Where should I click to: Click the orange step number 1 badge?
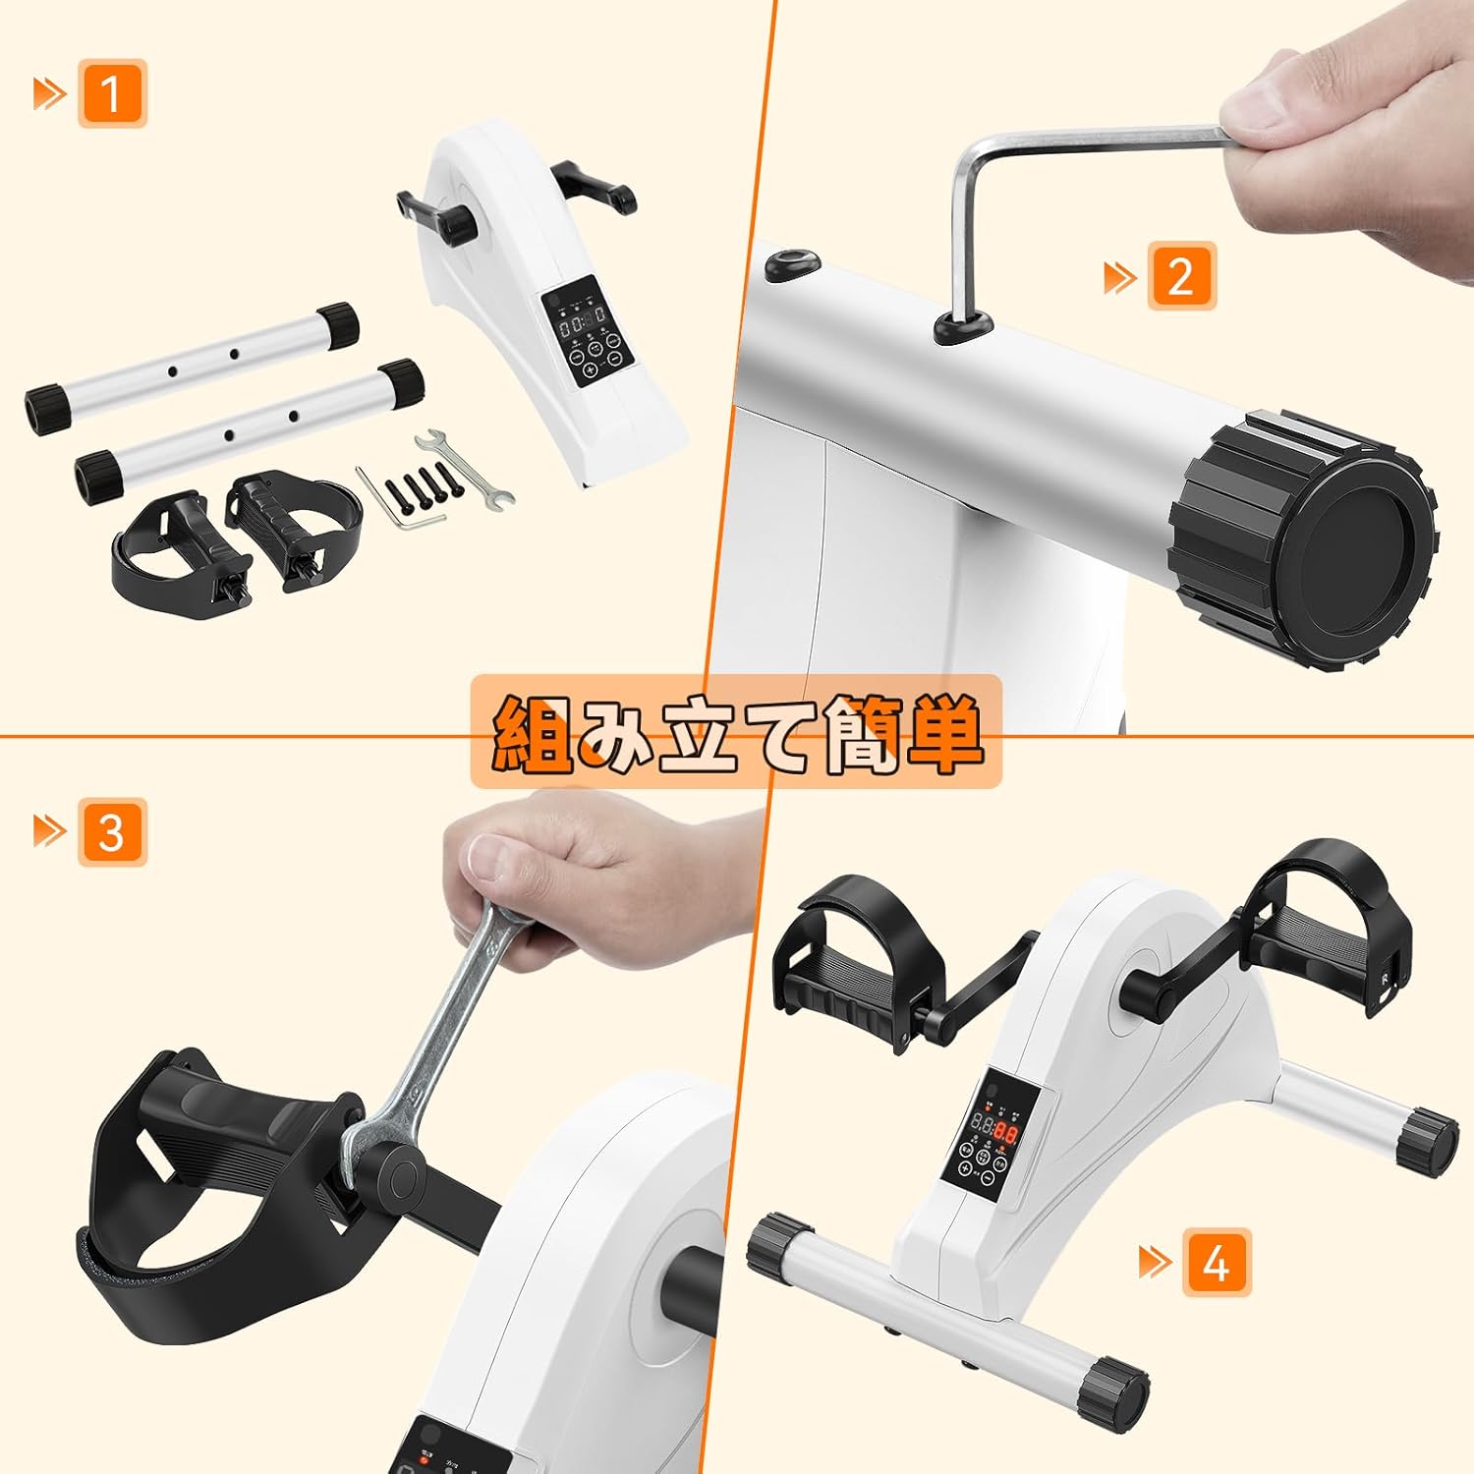[112, 93]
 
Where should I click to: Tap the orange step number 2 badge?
[1181, 276]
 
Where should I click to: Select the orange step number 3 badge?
[112, 832]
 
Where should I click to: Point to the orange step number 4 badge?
[1217, 1263]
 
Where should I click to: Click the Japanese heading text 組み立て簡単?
[736, 732]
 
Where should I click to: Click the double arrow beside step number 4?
[1156, 1263]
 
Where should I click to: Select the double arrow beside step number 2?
[1120, 277]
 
